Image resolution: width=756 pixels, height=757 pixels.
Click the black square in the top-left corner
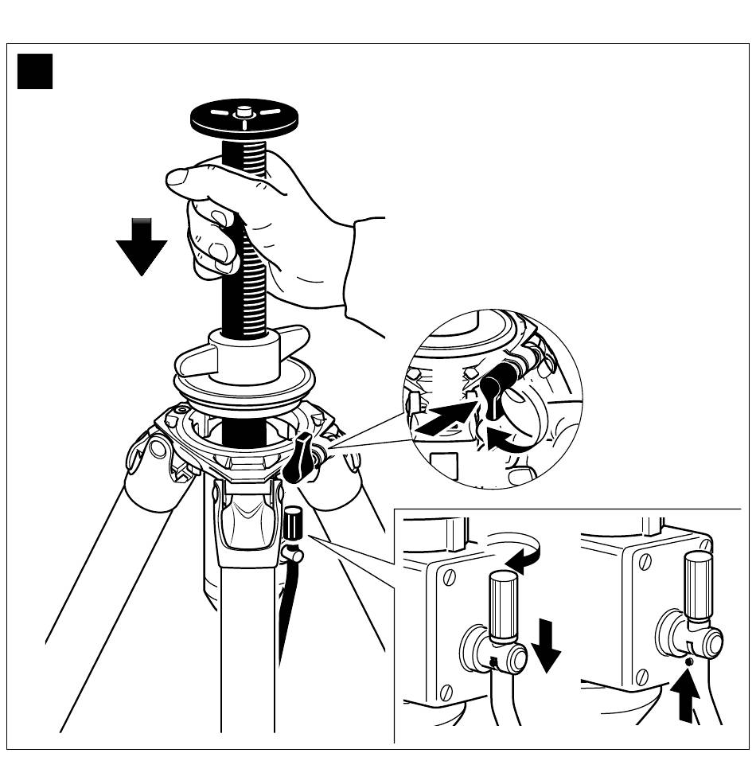(35, 71)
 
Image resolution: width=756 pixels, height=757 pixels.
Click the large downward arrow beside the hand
(141, 246)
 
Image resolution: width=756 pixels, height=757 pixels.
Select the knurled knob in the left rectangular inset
(503, 604)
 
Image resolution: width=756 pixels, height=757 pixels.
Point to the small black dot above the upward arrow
(688, 661)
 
